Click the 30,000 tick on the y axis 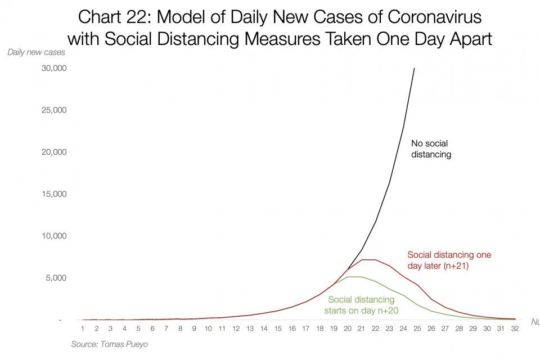click(x=55, y=68)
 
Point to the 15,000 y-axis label click(x=55, y=194)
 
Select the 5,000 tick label click(x=56, y=278)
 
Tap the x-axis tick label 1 click(x=82, y=328)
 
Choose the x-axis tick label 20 click(x=347, y=328)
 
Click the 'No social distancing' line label click(x=431, y=148)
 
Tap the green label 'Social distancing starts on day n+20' click(x=361, y=305)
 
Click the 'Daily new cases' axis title click(x=36, y=52)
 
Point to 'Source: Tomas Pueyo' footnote click(x=109, y=344)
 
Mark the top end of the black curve click(x=415, y=69)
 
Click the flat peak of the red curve click(x=368, y=260)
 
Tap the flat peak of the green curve click(x=354, y=277)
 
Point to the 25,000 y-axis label click(x=55, y=110)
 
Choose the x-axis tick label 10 click(x=208, y=328)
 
